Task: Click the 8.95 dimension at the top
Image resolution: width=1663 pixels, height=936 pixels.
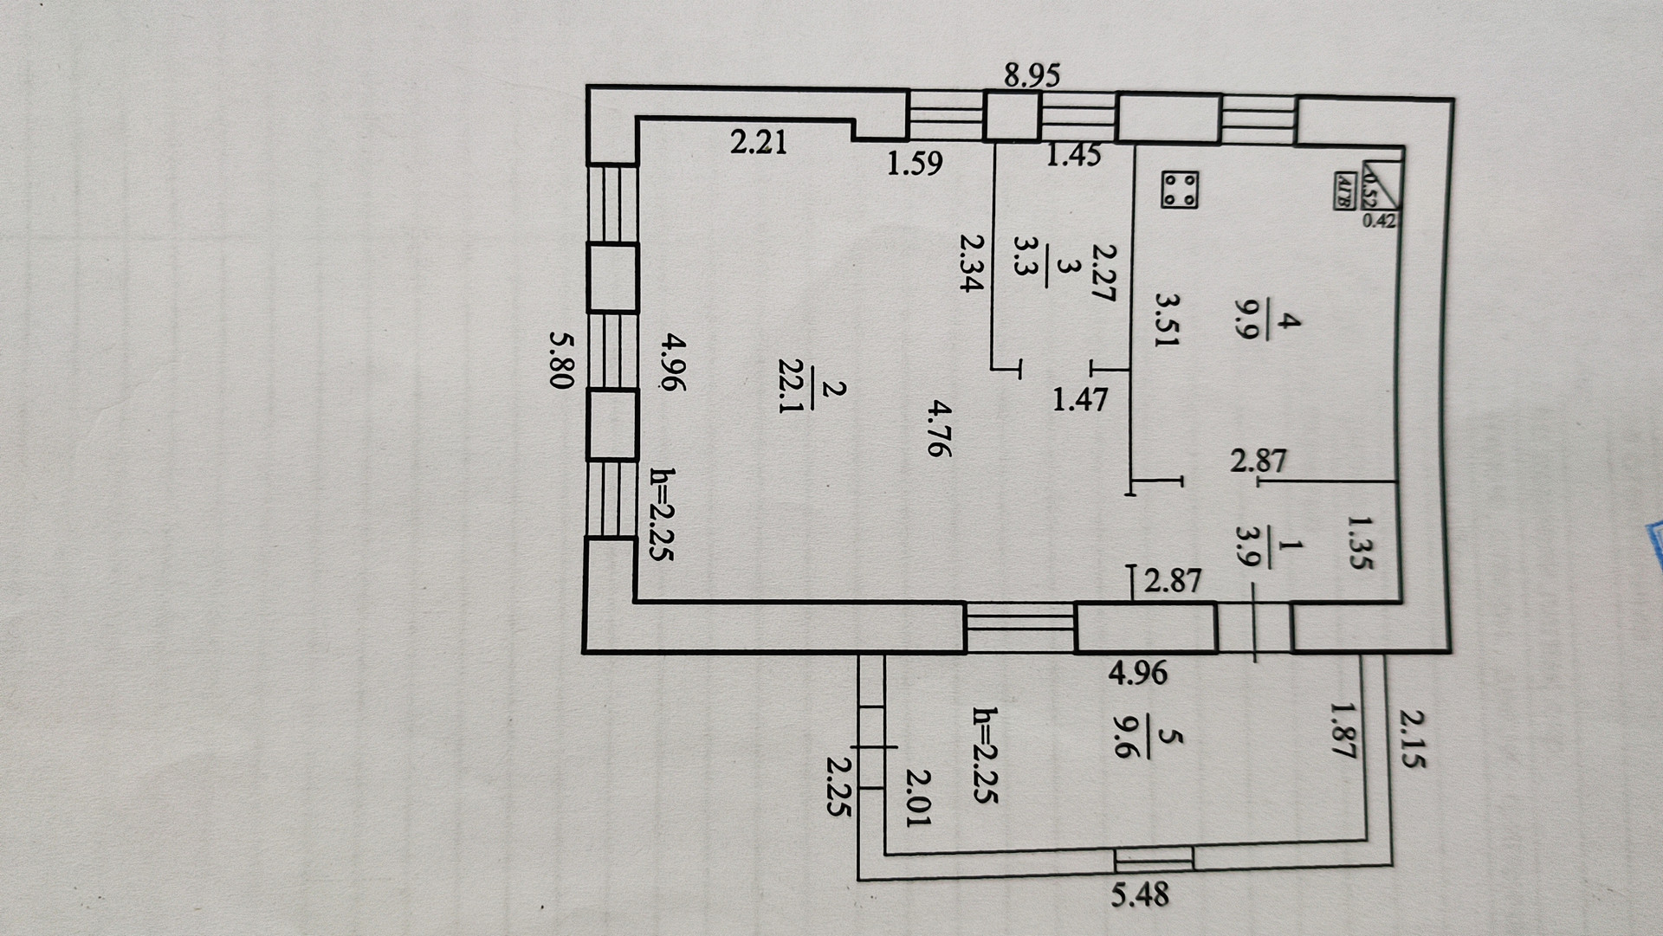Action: click(1032, 76)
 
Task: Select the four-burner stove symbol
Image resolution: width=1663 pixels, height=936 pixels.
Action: click(1179, 190)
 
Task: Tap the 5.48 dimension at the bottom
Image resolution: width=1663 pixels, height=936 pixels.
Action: click(1140, 894)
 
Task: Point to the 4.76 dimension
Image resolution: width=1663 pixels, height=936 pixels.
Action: click(938, 428)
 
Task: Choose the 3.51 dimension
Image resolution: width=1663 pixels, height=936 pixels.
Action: click(1168, 319)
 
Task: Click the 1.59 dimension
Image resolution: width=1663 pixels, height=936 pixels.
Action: click(915, 163)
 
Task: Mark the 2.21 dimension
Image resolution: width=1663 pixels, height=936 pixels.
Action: click(759, 141)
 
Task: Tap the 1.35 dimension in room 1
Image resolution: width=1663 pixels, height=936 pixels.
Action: click(1361, 542)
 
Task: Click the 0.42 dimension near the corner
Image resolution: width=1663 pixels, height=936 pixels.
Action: click(1379, 221)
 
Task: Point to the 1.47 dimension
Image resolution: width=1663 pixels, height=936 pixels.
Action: click(1080, 399)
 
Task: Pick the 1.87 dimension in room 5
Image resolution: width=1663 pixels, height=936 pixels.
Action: click(1341, 730)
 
